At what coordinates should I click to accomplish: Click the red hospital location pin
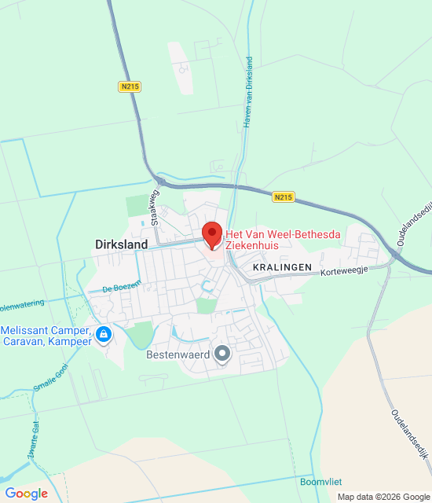pyautogui.click(x=211, y=235)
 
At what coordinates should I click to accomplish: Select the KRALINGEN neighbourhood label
pyautogui.click(x=283, y=268)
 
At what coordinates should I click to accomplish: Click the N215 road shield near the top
pyautogui.click(x=130, y=86)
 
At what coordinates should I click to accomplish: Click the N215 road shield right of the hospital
pyautogui.click(x=284, y=196)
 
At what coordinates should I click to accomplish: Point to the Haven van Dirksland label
pyautogui.click(x=247, y=92)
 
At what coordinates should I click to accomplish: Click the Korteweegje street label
pyautogui.click(x=346, y=269)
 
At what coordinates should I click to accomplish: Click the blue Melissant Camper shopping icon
pyautogui.click(x=104, y=335)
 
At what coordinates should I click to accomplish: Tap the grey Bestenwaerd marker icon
pyautogui.click(x=223, y=354)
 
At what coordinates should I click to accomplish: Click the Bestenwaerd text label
pyautogui.click(x=178, y=355)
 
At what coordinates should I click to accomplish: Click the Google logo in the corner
pyautogui.click(x=27, y=493)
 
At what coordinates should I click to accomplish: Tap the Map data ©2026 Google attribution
pyautogui.click(x=383, y=497)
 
